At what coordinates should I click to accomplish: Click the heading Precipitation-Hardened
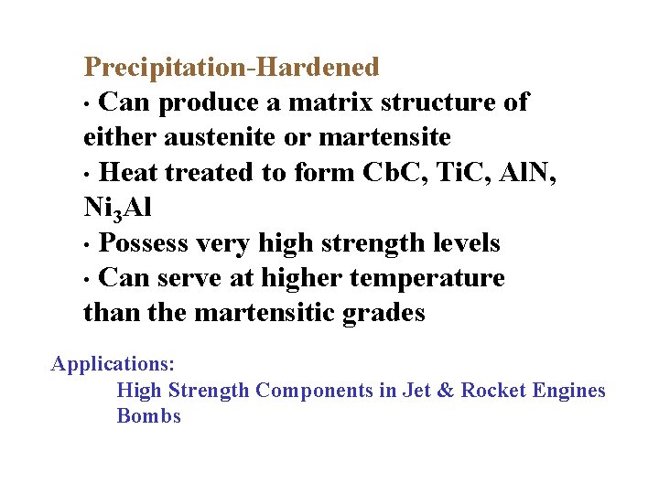(231, 67)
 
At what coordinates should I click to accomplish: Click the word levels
(462, 243)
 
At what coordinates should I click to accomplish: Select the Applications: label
(113, 364)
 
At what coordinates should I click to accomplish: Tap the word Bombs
(149, 416)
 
